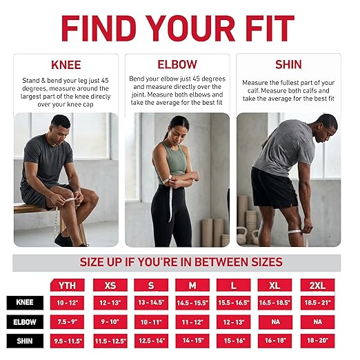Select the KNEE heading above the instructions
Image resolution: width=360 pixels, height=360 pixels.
66,65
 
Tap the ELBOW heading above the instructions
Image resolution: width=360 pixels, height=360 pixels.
177,64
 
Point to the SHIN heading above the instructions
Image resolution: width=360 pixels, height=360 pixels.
288,64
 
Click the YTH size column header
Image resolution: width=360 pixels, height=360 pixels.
68,285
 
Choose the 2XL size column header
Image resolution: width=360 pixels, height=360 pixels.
317,285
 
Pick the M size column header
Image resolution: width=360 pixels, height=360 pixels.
192,285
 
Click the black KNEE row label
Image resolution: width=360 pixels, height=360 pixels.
25,303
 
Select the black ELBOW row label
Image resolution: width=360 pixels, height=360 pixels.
25,322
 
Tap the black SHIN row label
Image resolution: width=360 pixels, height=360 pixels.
25,341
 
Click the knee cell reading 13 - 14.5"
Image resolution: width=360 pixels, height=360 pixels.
151,303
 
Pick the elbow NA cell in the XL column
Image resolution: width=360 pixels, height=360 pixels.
275,322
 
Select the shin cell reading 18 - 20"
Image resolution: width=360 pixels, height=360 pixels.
317,341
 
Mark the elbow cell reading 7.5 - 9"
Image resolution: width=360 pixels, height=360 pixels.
67,322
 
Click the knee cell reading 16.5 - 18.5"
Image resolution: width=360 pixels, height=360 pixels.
274,303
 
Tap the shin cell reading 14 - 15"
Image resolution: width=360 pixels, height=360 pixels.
192,341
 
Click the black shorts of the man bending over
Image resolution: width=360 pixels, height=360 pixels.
272,188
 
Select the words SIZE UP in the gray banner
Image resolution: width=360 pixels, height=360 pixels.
101,262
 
